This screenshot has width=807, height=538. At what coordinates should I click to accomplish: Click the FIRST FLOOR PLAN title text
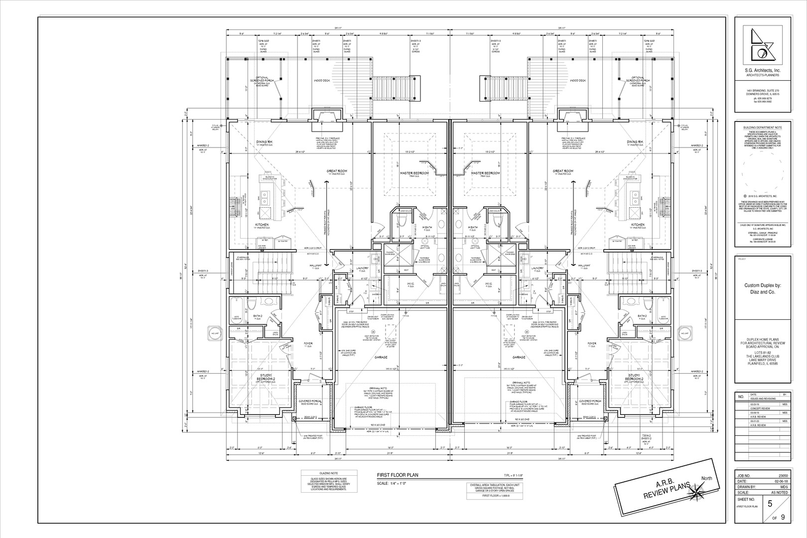coord(397,476)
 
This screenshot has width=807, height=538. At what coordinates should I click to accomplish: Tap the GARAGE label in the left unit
coord(382,357)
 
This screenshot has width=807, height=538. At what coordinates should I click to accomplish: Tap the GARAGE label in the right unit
coord(519,357)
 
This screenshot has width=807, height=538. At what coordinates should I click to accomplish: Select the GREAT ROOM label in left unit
coord(337,171)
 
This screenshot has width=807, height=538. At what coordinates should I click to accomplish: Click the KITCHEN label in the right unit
coord(638,225)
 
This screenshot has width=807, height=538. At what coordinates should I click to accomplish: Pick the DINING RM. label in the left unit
coord(264,141)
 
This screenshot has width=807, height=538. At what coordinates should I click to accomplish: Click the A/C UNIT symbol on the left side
coord(215,333)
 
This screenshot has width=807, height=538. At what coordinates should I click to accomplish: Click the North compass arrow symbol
coord(695,493)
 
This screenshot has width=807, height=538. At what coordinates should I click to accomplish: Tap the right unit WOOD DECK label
coord(577,80)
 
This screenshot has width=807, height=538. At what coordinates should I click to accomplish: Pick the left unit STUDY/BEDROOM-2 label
coord(268,377)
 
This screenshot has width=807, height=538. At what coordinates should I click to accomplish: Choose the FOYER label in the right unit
coord(592,343)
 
